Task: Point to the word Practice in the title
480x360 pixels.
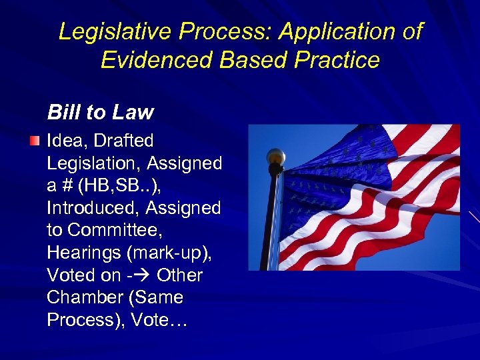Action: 339,60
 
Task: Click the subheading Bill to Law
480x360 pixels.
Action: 100,112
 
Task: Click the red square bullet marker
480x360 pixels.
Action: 35,141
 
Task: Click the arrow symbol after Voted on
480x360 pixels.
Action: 143,275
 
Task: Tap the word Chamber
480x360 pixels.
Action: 80,298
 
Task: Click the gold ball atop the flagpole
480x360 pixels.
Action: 275,157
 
